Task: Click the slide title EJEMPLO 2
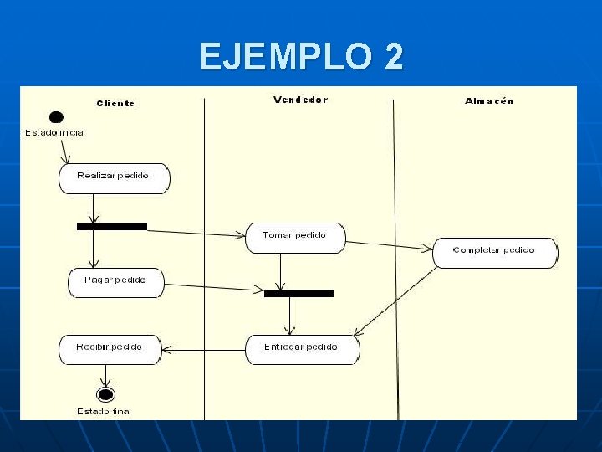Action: [x=301, y=57]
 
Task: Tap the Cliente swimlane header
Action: [x=115, y=103]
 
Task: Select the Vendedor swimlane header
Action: [x=300, y=100]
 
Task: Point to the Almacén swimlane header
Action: [x=489, y=101]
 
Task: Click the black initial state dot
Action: [x=57, y=118]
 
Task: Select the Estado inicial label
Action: [x=54, y=132]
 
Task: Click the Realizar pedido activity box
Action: [x=114, y=177]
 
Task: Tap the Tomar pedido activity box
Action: [x=295, y=237]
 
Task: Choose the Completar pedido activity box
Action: [x=494, y=252]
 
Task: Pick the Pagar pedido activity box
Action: [x=115, y=281]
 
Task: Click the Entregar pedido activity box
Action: [x=302, y=348]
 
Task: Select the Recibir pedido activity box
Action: [x=110, y=348]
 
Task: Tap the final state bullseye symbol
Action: [x=105, y=394]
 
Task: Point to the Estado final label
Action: [x=105, y=411]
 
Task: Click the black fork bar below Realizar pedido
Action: [x=112, y=226]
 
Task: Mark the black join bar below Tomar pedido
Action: [x=298, y=293]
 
